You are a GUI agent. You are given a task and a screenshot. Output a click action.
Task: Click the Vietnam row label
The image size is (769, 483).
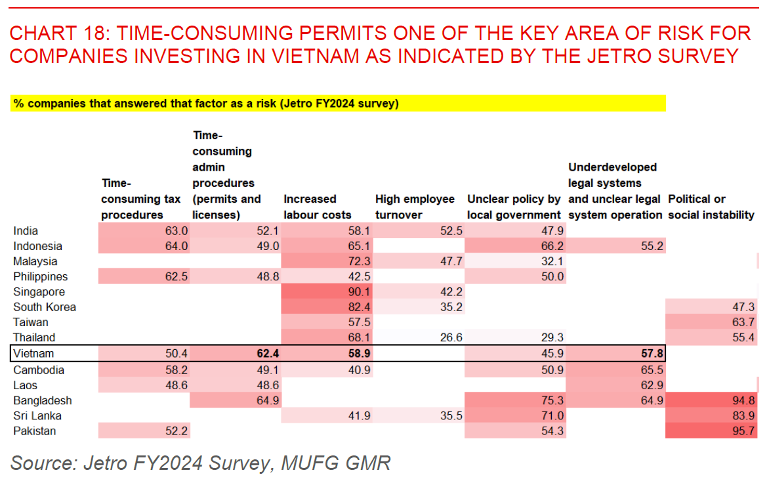(33, 354)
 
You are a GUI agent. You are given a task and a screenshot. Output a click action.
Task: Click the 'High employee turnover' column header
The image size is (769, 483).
(415, 207)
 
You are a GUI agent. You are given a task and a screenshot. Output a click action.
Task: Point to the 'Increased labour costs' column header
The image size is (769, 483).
(318, 207)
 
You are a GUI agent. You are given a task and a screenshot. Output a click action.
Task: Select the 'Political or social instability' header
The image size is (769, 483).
(711, 207)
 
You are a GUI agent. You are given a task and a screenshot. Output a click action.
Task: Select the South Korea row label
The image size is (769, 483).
(45, 307)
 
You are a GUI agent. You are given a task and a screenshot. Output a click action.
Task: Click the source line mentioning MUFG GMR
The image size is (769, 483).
(200, 463)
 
